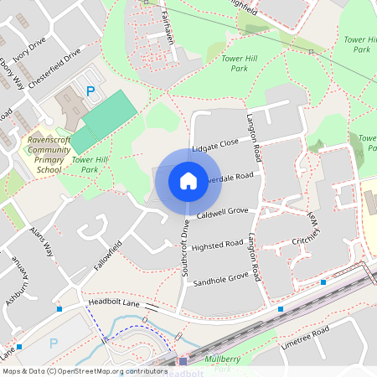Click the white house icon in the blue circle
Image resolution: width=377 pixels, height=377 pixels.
[188, 180]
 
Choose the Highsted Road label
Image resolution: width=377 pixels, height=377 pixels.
[217, 245]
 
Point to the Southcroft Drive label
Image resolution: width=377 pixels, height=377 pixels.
[185, 247]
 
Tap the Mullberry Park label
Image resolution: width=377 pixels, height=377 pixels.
[223, 363]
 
